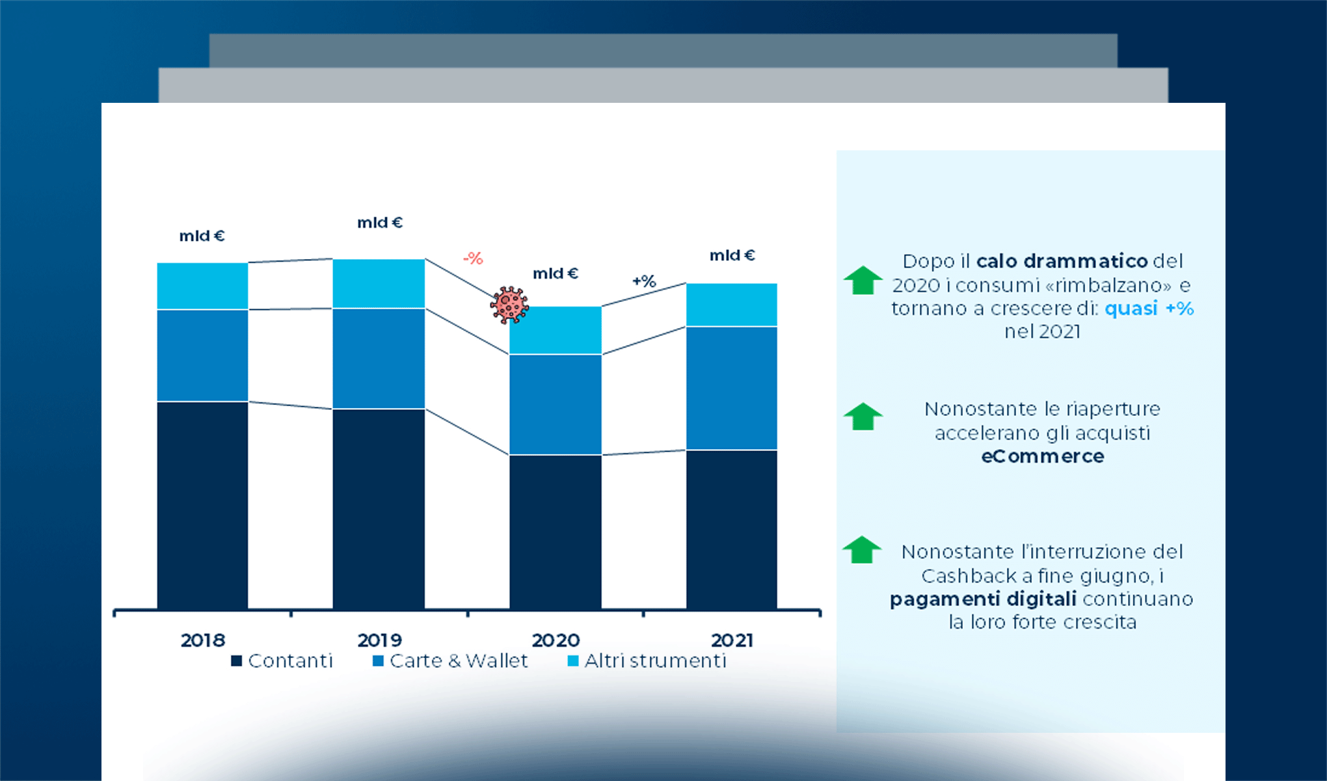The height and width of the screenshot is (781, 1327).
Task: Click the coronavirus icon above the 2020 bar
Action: coord(509,305)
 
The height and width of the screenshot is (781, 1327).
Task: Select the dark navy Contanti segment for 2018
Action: coord(202,504)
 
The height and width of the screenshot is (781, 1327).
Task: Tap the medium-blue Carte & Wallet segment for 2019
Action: coord(379,358)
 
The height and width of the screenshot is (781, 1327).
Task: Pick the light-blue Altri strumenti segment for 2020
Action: coord(555,330)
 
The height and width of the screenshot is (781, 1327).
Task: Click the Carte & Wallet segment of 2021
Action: coord(731,388)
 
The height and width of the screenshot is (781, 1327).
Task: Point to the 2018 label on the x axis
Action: coord(202,640)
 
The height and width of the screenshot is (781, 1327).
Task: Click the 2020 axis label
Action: coord(556,640)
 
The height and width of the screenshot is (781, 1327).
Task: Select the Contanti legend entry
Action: coord(282,661)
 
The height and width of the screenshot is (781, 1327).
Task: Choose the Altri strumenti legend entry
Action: coord(647,661)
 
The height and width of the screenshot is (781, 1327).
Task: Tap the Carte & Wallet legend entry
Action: coord(450,661)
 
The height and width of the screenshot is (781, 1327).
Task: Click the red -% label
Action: coord(473,258)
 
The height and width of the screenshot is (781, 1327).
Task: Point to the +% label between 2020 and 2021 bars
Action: coord(644,281)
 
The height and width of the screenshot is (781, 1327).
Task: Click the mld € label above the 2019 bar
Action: coord(380,223)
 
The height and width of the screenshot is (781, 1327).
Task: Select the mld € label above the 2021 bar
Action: coord(732,255)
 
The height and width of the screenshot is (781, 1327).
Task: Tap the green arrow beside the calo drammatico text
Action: coord(863,281)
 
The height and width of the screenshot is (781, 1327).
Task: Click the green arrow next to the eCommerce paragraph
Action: coord(863,417)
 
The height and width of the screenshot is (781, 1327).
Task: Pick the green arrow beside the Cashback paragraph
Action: coord(861,550)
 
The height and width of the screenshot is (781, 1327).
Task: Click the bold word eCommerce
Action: coord(1042,456)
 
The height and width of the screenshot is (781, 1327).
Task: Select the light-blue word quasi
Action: coord(1131,308)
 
